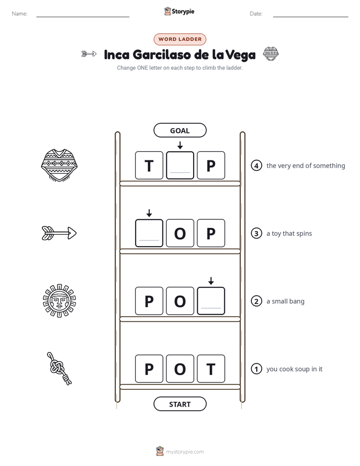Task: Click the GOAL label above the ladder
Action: click(x=179, y=130)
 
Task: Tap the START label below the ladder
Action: click(x=179, y=404)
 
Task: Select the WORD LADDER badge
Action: click(x=179, y=39)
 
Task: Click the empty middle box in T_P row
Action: click(x=180, y=165)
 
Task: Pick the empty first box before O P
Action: click(x=149, y=233)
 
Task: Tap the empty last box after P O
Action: click(x=211, y=301)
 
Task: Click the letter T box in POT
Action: click(x=211, y=369)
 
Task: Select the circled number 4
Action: click(x=256, y=165)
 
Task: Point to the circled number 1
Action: click(x=256, y=369)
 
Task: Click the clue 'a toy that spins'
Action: click(x=289, y=234)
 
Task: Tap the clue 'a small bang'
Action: click(x=285, y=302)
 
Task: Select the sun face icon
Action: click(x=59, y=301)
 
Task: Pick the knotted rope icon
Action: click(x=59, y=369)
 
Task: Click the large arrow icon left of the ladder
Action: click(x=59, y=233)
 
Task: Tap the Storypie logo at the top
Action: click(x=179, y=11)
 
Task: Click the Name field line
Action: click(x=83, y=17)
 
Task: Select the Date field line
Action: click(x=311, y=17)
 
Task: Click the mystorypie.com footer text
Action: click(x=185, y=452)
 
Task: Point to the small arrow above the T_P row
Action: click(x=180, y=145)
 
